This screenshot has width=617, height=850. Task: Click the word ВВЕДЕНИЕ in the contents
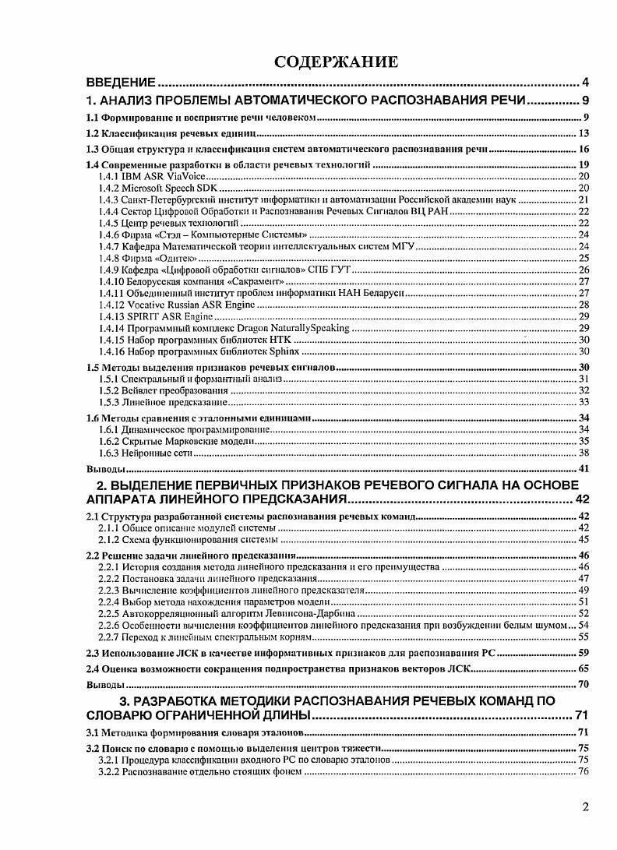click(x=122, y=82)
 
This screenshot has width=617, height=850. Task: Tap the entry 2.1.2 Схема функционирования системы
click(x=189, y=540)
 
